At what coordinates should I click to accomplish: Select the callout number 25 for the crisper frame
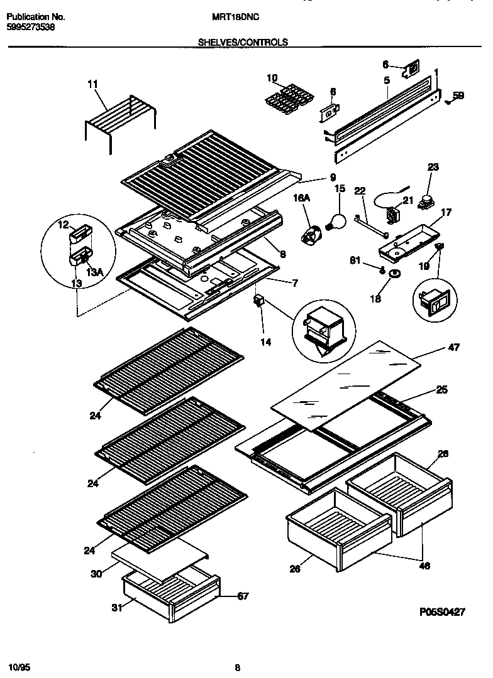441,390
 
